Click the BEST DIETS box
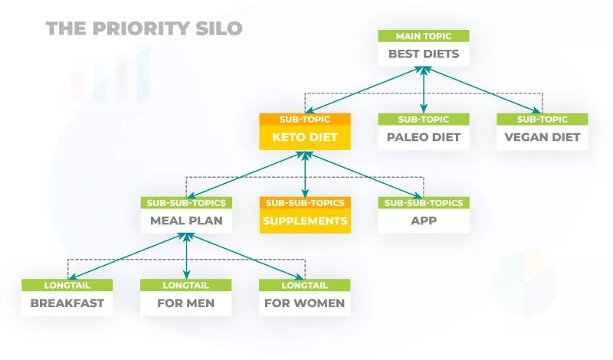point(424,54)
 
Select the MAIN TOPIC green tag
point(424,36)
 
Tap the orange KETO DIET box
point(305,138)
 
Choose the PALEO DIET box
point(424,138)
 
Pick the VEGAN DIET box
point(543,138)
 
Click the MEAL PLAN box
point(187,221)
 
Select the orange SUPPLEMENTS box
point(305,221)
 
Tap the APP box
point(424,221)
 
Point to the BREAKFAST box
point(67,303)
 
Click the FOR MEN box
point(187,303)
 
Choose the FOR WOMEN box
point(305,303)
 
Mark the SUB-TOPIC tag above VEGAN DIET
point(543,119)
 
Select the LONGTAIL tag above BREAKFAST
point(67,284)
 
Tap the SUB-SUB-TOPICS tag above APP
point(424,202)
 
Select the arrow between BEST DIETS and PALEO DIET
point(424,90)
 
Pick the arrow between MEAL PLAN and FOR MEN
point(187,256)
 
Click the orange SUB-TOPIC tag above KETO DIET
point(305,119)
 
